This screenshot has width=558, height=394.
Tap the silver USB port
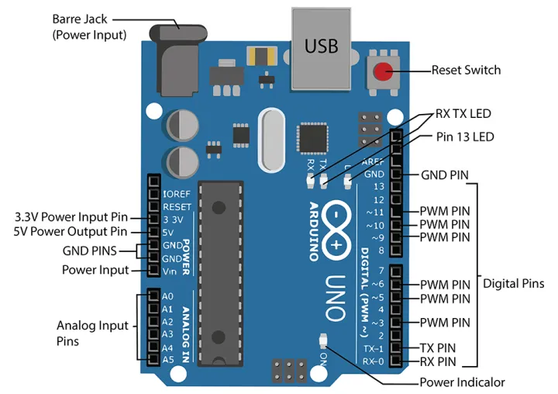pyautogui.click(x=321, y=47)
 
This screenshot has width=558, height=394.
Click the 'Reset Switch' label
pyautogui.click(x=466, y=71)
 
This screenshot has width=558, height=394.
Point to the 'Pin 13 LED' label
pyautogui.click(x=463, y=137)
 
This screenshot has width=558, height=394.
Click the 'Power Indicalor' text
pyautogui.click(x=462, y=382)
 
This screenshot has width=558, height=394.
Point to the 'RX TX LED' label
pyautogui.click(x=463, y=113)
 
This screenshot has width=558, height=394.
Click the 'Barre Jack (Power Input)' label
pyautogui.click(x=88, y=26)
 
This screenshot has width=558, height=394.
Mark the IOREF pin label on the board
pyautogui.click(x=177, y=193)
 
